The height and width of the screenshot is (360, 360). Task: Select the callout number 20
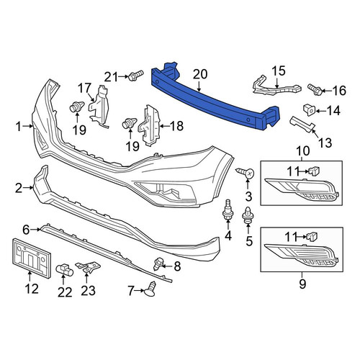(x=200, y=74)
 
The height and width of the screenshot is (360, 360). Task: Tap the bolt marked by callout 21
(x=136, y=75)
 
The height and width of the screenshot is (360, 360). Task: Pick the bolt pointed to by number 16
(x=315, y=89)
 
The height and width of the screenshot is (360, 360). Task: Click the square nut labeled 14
(x=310, y=110)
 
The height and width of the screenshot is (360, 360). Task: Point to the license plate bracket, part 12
(x=31, y=258)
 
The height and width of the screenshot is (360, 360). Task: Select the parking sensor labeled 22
(x=65, y=270)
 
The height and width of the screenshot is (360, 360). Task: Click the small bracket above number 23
(x=88, y=267)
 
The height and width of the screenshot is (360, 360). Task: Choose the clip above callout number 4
(x=228, y=209)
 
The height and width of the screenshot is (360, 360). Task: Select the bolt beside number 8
(x=158, y=264)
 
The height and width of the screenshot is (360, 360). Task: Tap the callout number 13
(x=325, y=143)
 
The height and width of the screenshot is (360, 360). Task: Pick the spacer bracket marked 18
(x=149, y=125)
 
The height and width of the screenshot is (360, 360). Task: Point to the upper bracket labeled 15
(x=276, y=86)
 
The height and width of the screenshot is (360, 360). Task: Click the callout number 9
(x=302, y=284)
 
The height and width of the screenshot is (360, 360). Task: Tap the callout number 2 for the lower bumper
(x=19, y=188)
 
